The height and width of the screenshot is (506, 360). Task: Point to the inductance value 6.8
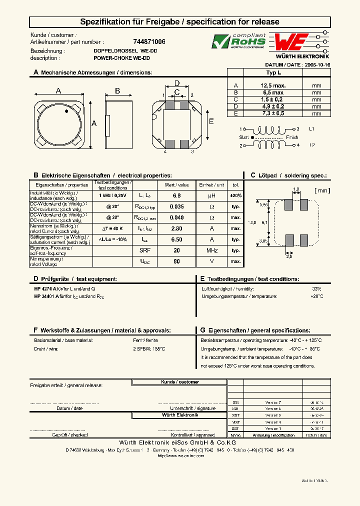[x=176, y=195]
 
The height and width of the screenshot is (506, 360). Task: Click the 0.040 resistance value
[x=176, y=217]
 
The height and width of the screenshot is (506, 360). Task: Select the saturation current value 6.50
[x=176, y=239]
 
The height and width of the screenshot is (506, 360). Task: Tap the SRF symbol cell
[x=144, y=250]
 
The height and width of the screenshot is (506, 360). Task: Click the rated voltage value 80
[x=176, y=261]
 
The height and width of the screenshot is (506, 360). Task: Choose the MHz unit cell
[x=211, y=250]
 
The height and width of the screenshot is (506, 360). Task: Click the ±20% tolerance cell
[x=235, y=195]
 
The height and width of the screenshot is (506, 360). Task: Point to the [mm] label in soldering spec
[x=322, y=190]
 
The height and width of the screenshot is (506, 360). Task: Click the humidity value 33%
[x=316, y=289]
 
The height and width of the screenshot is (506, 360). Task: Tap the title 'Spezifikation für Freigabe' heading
[x=180, y=22]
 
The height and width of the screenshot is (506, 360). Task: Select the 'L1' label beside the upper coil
[x=311, y=128]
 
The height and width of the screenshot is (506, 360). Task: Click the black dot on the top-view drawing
[x=66, y=113]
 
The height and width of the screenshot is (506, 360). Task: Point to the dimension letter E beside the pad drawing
[x=211, y=121]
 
